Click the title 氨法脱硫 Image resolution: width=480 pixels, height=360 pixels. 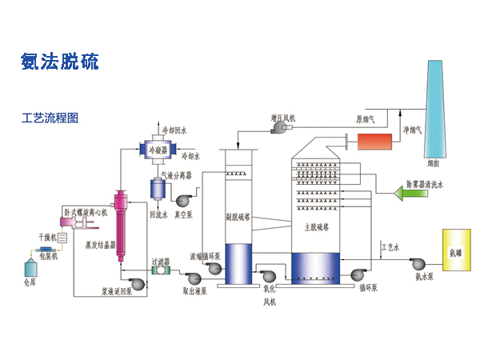click(x=60, y=62)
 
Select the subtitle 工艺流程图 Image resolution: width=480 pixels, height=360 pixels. click(x=50, y=118)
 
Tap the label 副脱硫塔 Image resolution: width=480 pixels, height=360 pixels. click(x=238, y=216)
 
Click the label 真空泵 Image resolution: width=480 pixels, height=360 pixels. click(x=186, y=214)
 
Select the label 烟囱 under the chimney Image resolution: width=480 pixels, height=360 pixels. click(x=433, y=164)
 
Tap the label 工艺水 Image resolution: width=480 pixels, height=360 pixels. click(x=390, y=247)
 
